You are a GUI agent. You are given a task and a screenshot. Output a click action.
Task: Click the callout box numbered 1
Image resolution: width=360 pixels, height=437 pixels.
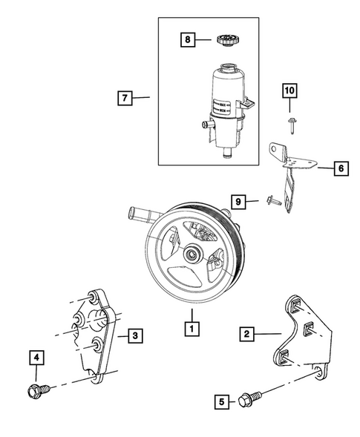pyautogui.click(x=191, y=327)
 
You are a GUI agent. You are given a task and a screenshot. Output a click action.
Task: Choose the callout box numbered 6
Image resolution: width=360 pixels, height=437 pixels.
pyautogui.click(x=339, y=169)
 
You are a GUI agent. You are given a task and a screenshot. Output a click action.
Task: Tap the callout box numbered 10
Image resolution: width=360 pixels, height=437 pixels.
pyautogui.click(x=289, y=92)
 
